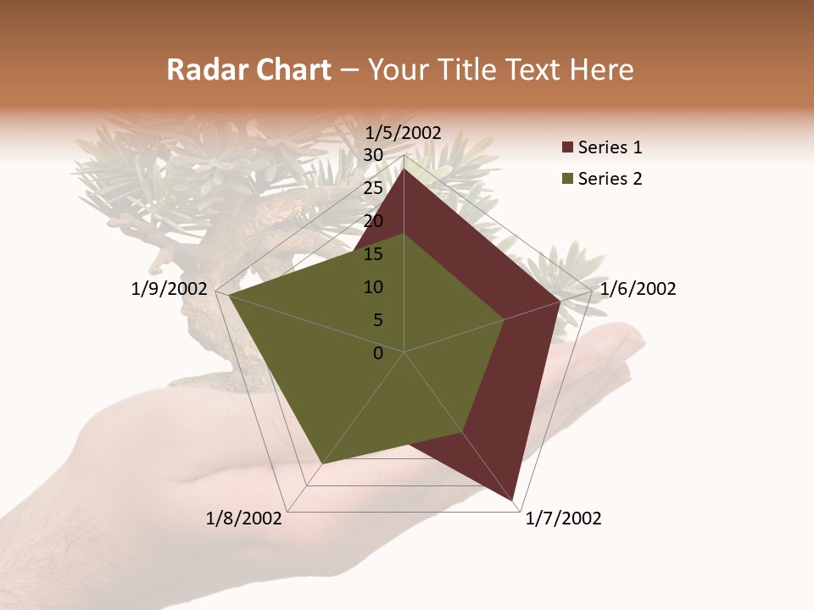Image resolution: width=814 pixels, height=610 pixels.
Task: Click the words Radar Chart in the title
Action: click(x=248, y=70)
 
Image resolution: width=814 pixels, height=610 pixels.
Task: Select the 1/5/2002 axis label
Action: click(x=404, y=132)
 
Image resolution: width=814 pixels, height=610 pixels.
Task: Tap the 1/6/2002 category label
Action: click(x=638, y=289)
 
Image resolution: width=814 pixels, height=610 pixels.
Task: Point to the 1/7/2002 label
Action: click(x=563, y=518)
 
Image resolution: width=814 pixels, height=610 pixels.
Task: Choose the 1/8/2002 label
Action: click(x=244, y=518)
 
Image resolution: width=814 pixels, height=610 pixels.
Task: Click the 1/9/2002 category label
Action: click(x=170, y=289)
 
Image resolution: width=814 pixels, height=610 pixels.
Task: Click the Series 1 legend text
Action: click(x=610, y=147)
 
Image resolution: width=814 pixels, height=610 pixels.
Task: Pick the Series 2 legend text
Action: click(x=610, y=179)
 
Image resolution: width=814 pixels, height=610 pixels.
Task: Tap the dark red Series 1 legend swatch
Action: click(x=567, y=148)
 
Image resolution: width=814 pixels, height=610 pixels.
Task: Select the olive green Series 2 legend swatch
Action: click(x=567, y=179)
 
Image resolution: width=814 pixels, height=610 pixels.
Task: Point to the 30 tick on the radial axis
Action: click(x=373, y=155)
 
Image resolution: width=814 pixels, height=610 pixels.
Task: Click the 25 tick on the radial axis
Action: click(x=373, y=188)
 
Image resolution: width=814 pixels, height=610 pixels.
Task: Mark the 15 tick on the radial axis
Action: click(x=373, y=254)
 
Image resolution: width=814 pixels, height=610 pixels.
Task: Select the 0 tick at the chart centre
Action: click(x=378, y=353)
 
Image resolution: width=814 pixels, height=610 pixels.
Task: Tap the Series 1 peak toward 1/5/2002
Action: click(x=404, y=169)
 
